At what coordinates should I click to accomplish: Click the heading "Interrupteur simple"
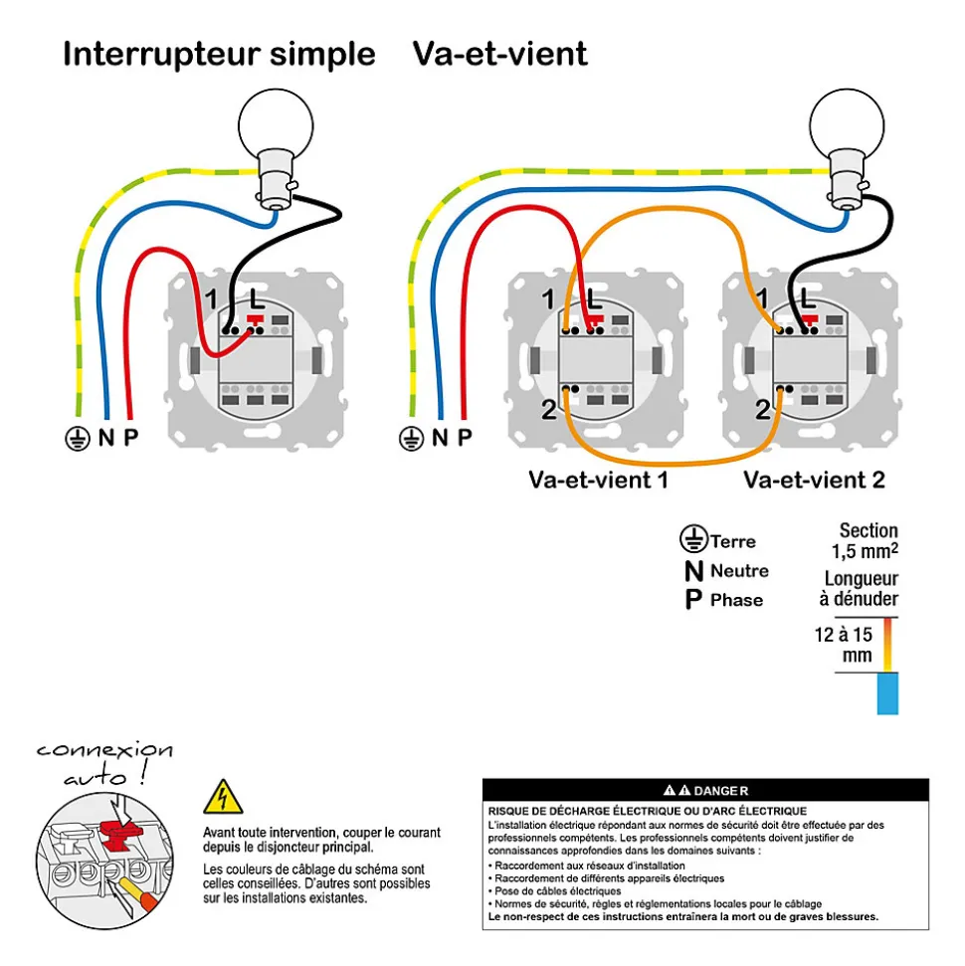point(219,54)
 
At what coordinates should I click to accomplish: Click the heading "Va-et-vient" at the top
point(499,54)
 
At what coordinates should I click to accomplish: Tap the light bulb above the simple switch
point(276,148)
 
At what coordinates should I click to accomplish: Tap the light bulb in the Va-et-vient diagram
point(848,148)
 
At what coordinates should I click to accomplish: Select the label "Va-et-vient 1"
point(598,480)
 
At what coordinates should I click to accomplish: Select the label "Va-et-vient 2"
point(814,480)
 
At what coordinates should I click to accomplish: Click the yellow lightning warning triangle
point(223,798)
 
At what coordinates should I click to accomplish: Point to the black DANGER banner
point(705,790)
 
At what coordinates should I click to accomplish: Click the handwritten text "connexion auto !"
point(104,764)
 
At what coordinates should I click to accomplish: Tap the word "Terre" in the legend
point(732,541)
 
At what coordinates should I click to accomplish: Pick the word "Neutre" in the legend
point(739,571)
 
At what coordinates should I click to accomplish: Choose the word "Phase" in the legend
point(736,600)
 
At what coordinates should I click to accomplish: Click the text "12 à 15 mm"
point(844,645)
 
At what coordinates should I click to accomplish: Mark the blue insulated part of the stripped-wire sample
point(887,693)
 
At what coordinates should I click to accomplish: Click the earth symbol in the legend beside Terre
point(693,539)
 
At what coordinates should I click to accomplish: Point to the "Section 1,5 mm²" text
point(865,541)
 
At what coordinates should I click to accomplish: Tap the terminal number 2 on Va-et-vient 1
point(548,410)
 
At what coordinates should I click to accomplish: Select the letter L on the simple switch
point(257,300)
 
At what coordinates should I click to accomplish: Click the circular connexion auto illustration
point(104,861)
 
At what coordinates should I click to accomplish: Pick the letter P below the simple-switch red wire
point(130,437)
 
